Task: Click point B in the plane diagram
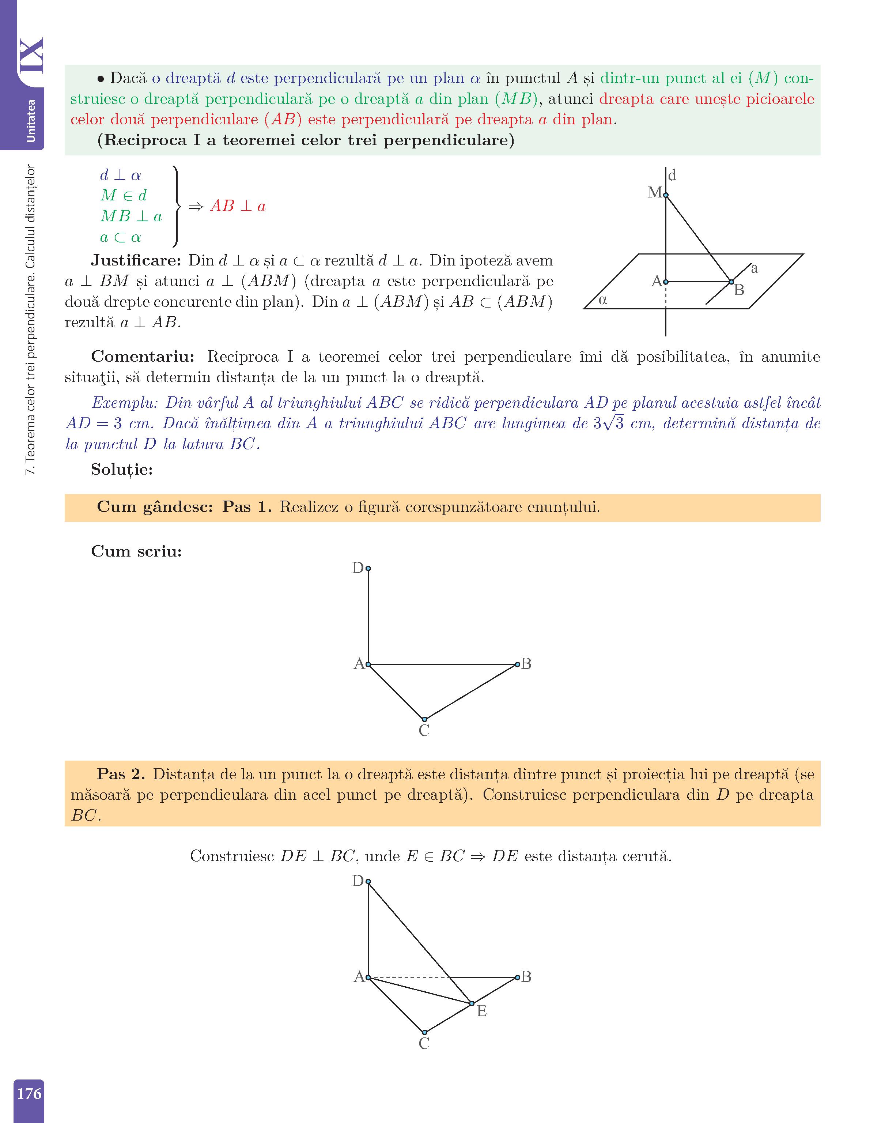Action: (x=731, y=282)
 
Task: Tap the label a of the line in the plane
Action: (x=754, y=268)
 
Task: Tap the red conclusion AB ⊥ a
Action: (x=238, y=206)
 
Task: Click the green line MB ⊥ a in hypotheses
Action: (x=131, y=216)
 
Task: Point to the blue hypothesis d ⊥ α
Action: (x=120, y=175)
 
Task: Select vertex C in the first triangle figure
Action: (x=424, y=719)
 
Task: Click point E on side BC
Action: (x=472, y=1004)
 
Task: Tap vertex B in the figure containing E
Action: (x=517, y=977)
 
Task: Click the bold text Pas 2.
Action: (x=121, y=774)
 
